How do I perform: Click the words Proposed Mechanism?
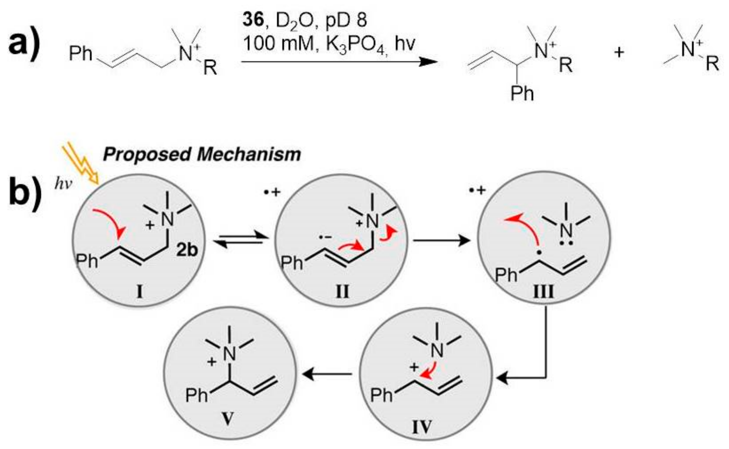[202, 155]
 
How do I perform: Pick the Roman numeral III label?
[544, 292]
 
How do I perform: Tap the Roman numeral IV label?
[422, 426]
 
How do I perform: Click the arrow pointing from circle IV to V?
[328, 374]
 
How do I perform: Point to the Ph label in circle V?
[197, 395]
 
